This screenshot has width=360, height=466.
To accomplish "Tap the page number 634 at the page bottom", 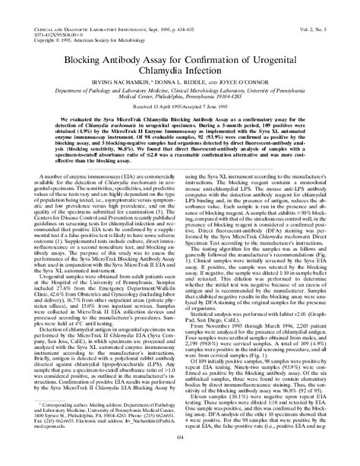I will [x=180, y=456].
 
